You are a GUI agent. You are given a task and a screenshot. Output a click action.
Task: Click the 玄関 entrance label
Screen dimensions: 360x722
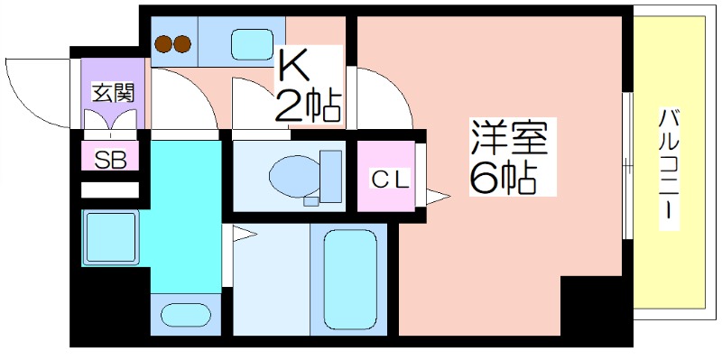(x=112, y=92)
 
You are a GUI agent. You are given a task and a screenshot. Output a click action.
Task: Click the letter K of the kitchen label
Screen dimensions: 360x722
(x=293, y=66)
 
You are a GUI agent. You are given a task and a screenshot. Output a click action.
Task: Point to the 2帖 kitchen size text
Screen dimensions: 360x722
(x=308, y=106)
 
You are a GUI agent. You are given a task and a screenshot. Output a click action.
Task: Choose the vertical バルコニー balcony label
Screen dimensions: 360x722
(x=670, y=167)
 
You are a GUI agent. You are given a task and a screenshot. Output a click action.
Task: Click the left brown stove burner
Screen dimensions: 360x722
(x=165, y=42)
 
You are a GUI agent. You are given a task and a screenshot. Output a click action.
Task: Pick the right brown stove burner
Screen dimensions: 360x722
(x=183, y=42)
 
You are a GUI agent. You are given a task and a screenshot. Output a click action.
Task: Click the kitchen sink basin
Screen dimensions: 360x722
(x=251, y=42)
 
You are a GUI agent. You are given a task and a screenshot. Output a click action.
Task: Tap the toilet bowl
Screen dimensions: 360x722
(x=294, y=175)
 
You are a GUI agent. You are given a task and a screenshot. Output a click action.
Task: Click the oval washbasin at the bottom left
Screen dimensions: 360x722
(x=185, y=316)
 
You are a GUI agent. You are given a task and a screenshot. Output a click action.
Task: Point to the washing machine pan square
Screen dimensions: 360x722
(x=110, y=237)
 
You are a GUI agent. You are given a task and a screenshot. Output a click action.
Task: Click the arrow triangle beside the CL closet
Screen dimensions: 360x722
(x=438, y=195)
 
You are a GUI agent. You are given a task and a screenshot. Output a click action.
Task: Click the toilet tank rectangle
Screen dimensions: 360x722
(x=331, y=177)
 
